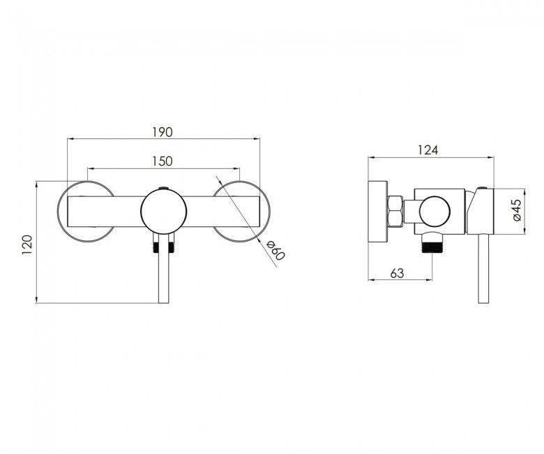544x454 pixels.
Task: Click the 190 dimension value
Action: coord(163,132)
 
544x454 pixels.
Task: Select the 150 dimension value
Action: coord(163,161)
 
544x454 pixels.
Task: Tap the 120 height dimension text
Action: coord(27,245)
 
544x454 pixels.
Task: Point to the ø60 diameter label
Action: coord(275,250)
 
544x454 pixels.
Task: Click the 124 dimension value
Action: coord(428,150)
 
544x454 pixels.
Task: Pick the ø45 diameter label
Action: coord(517,210)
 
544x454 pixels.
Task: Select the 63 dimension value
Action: coord(398,274)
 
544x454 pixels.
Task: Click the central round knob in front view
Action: coord(164,211)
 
